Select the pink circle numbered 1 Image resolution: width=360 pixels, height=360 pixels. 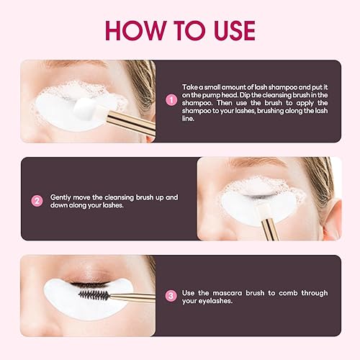[171, 101]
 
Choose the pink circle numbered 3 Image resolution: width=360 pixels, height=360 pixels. [171, 295]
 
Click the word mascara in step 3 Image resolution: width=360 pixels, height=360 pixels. [235, 293]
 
